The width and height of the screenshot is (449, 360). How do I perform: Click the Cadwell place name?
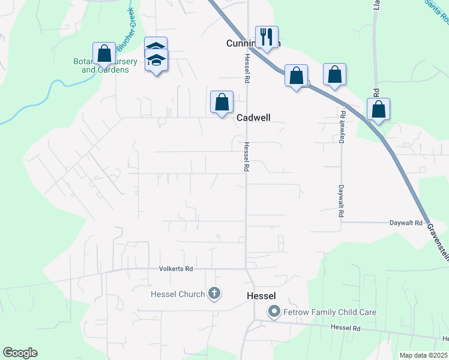[x=253, y=118]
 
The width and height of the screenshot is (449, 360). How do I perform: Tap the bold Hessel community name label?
[x=261, y=296]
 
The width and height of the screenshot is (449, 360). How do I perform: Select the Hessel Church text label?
[x=177, y=294]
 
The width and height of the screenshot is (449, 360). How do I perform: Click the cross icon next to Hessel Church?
[x=214, y=293]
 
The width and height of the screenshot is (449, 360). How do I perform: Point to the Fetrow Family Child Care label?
[x=330, y=312]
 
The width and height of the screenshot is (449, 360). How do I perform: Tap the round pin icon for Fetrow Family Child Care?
[x=274, y=311]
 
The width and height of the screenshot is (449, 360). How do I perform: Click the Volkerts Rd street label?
[x=175, y=269]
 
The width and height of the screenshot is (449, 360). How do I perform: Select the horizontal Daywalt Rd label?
[x=406, y=223]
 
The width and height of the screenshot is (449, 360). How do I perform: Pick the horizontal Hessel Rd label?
[x=346, y=328]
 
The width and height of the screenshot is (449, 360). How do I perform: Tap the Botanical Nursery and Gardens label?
[x=105, y=66]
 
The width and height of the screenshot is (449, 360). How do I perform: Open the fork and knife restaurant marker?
[x=265, y=37]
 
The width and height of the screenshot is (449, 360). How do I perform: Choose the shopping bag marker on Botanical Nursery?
[x=104, y=53]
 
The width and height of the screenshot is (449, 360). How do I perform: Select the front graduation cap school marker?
[x=156, y=61]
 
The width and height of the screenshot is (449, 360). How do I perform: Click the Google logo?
[x=20, y=353]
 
